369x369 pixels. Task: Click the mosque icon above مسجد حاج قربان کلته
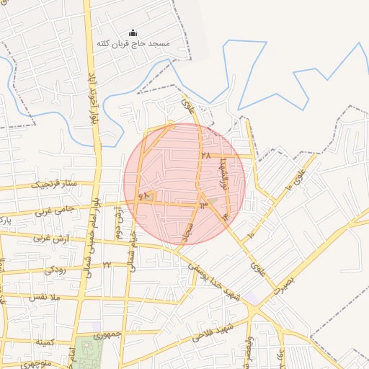tap(133, 32)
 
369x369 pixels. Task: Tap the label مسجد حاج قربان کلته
tap(133, 44)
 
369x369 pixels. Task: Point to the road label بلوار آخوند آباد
tap(93, 98)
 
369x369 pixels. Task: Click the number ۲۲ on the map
tap(106, 265)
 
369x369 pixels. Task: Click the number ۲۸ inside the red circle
tap(206, 155)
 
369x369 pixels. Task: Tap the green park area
tap(87, 353)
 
